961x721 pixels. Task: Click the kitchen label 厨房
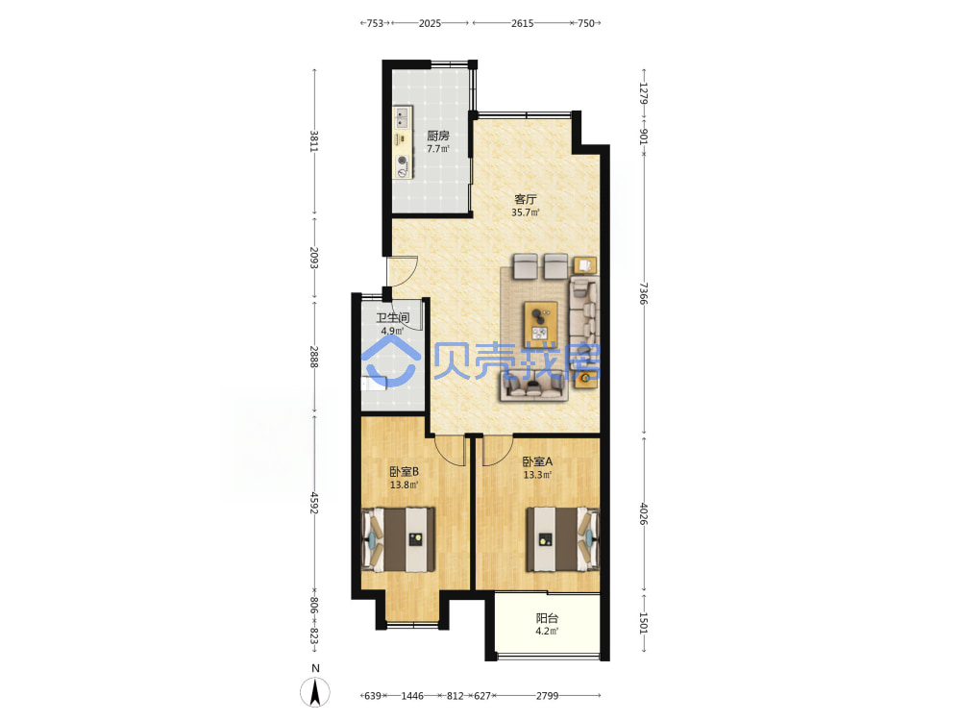click(438, 136)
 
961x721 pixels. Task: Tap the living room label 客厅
click(526, 199)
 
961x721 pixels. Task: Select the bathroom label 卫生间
click(392, 317)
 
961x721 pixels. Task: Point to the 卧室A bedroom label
click(537, 461)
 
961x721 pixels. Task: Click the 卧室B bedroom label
click(404, 471)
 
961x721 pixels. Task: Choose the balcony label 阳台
click(547, 618)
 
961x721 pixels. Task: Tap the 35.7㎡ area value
click(526, 212)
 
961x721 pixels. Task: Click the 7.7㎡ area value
click(438, 149)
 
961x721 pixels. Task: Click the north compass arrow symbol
click(315, 693)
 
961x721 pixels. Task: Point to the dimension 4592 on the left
click(314, 503)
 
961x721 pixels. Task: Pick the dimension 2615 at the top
click(522, 23)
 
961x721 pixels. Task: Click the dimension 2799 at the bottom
click(548, 696)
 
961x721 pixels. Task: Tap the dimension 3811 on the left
click(314, 141)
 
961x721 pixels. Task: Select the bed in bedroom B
click(400, 539)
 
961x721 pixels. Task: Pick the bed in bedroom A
click(562, 539)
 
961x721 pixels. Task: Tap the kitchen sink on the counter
click(403, 116)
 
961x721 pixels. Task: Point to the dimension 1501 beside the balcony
click(643, 623)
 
